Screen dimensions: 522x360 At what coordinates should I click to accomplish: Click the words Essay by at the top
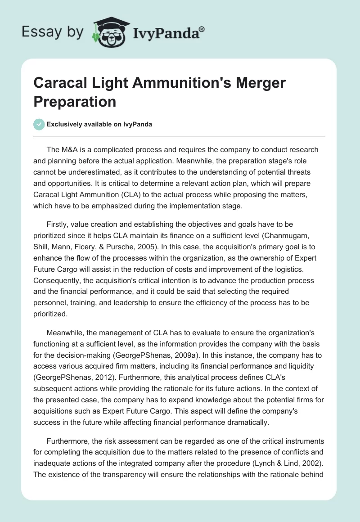tap(52, 32)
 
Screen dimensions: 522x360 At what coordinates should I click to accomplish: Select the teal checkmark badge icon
tap(39, 124)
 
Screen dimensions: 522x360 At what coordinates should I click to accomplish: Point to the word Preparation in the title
tap(75, 101)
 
